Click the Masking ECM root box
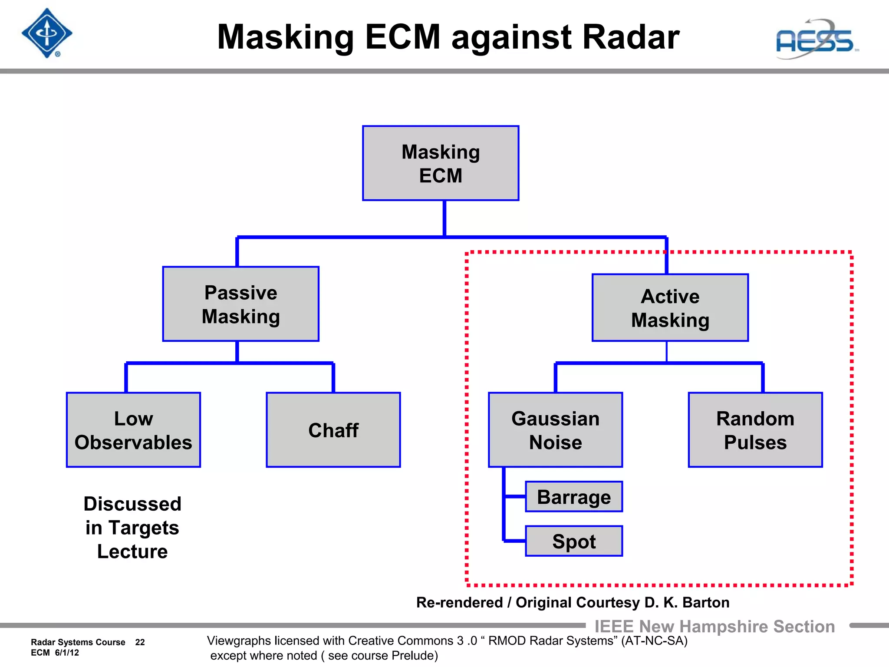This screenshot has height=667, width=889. coord(441,163)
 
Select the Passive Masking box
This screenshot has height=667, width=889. coord(241,304)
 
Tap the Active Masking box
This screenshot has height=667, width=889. coord(670,308)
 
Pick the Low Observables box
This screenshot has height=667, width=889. coord(133,430)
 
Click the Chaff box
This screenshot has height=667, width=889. coord(333,430)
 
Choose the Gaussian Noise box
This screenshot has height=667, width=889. coord(556,430)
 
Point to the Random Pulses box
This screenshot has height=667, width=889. coord(755,430)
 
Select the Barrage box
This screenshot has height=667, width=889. coord(574,497)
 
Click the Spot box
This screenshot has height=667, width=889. coord(574,541)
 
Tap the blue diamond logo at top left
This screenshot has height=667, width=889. coord(47,33)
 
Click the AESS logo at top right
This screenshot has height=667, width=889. coord(816,40)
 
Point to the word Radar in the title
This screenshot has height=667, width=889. coord(630,37)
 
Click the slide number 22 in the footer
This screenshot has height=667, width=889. coord(140,642)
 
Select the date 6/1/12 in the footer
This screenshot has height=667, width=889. coord(67,653)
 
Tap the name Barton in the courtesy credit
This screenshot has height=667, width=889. coord(706,603)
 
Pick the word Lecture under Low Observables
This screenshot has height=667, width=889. coord(132,551)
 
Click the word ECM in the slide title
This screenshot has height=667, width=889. coord(403,37)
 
